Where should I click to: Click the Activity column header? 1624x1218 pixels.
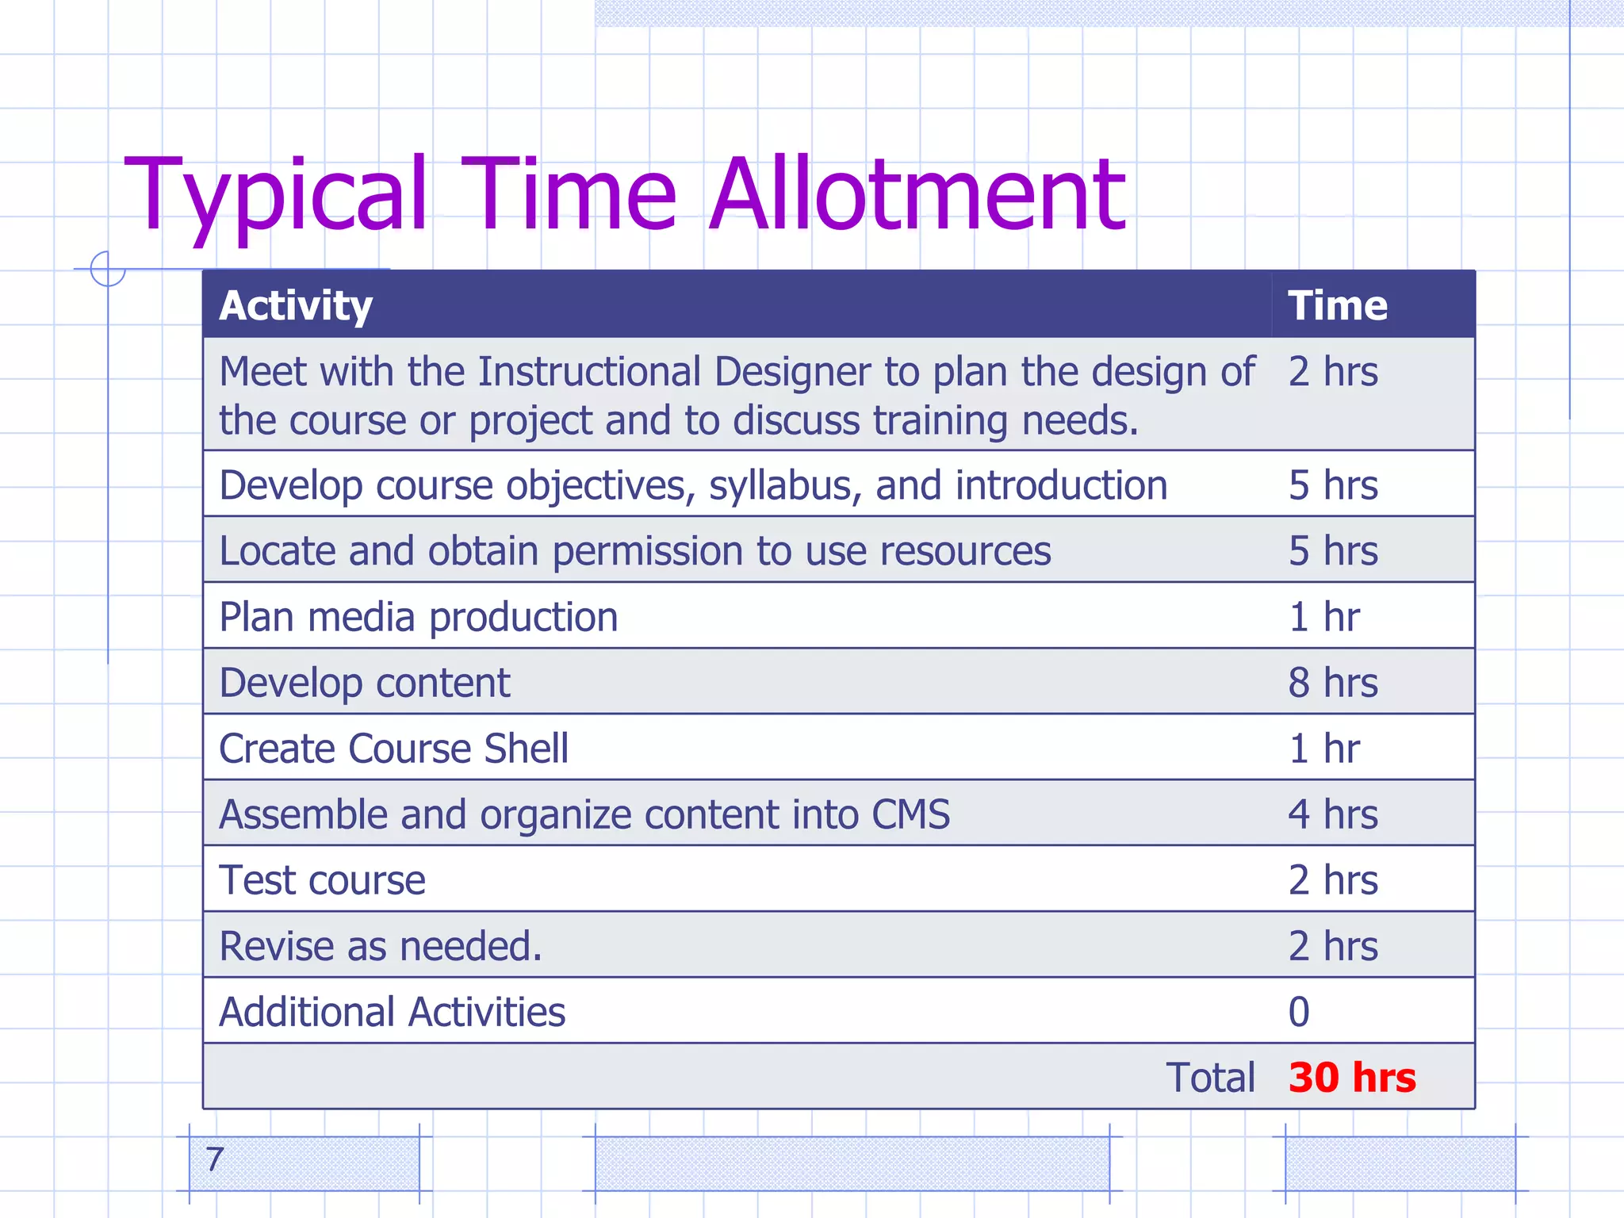[x=296, y=306]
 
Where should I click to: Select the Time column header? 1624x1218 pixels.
[x=1338, y=306]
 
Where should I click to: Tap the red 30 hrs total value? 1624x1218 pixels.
[x=1352, y=1077]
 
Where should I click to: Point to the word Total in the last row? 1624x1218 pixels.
[x=1211, y=1078]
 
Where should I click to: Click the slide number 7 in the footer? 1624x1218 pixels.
[x=214, y=1160]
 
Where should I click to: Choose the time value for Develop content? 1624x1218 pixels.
[x=1333, y=683]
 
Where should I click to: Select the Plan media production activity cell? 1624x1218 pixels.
[x=419, y=617]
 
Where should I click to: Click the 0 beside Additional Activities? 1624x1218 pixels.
[x=1299, y=1012]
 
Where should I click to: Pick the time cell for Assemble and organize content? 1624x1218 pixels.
[x=1333, y=814]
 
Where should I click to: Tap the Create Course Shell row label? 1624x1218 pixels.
[x=394, y=749]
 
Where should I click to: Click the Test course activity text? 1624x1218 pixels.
[x=323, y=880]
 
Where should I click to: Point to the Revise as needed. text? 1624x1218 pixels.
[x=381, y=946]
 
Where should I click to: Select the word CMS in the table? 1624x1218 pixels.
[x=910, y=814]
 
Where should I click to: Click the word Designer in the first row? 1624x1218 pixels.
[x=792, y=372]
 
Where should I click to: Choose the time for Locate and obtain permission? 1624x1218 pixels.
[x=1333, y=551]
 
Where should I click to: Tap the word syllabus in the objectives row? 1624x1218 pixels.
[x=786, y=486]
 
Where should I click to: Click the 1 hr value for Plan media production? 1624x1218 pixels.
[x=1324, y=617]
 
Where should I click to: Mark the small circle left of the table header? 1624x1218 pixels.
[x=108, y=268]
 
